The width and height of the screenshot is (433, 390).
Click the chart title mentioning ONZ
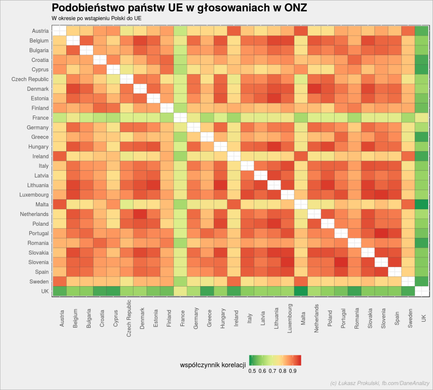tap(179, 8)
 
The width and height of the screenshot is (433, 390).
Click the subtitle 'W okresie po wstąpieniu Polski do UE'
tap(96, 19)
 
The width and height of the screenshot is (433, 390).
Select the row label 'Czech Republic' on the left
tap(30, 79)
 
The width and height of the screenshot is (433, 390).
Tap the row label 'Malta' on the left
tap(42, 205)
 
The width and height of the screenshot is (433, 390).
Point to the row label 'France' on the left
tap(40, 118)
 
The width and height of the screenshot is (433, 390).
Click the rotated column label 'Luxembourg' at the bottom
tap(289, 318)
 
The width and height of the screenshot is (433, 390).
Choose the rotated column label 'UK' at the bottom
tap(424, 318)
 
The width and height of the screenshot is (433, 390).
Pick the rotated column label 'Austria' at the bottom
tap(61, 318)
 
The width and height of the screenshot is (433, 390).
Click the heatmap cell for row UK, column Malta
tap(301, 291)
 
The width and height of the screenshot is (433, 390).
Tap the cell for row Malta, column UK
tap(421, 205)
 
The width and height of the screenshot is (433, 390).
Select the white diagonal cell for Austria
tap(59, 31)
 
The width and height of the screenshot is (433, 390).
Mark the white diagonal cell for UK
tap(421, 291)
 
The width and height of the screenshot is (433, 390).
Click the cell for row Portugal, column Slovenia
tap(381, 234)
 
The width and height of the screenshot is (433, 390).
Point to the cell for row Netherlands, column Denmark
tap(140, 214)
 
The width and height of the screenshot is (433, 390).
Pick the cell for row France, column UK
tap(421, 118)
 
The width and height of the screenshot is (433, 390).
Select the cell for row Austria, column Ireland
tap(234, 31)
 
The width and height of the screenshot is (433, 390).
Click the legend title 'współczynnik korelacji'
tap(213, 365)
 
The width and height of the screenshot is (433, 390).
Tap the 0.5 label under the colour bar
tap(252, 371)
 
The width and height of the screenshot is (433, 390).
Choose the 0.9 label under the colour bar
tap(293, 371)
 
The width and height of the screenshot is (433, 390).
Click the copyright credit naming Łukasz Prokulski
tap(380, 383)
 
